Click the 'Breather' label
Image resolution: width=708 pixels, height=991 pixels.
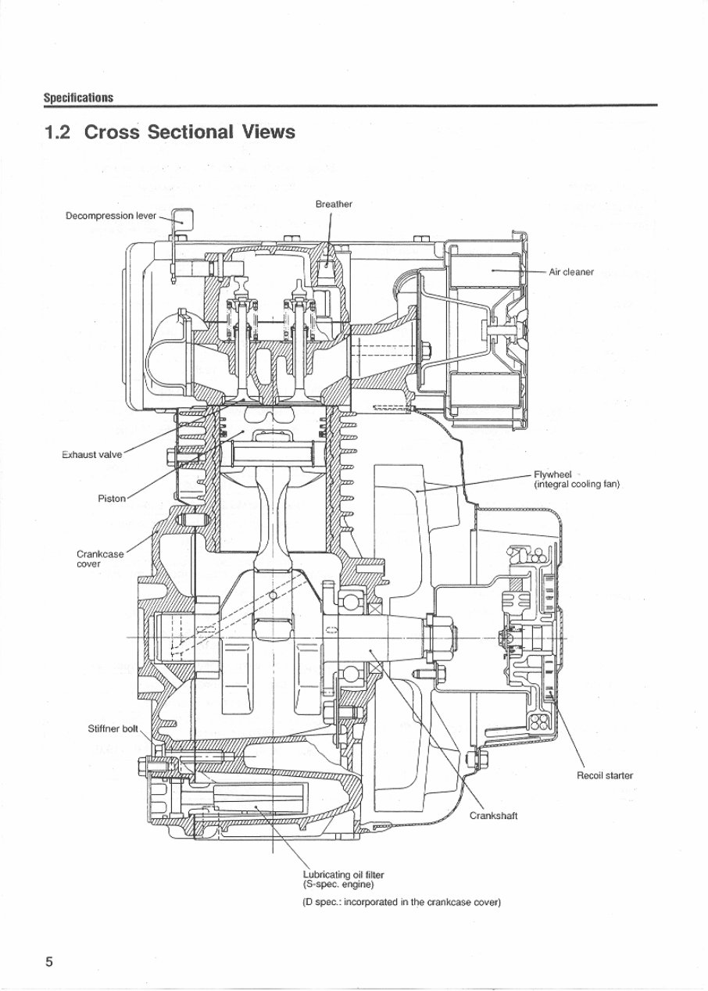tap(334, 204)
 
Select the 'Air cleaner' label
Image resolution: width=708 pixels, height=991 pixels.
tap(571, 272)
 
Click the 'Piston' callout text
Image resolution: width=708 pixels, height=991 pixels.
tap(112, 498)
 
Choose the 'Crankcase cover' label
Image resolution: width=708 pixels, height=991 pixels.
tap(99, 559)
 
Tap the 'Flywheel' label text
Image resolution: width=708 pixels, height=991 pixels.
tap(552, 474)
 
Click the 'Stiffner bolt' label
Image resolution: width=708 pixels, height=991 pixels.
tap(113, 729)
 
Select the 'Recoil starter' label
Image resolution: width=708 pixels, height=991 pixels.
tap(605, 776)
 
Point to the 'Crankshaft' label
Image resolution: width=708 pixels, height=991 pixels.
tap(493, 816)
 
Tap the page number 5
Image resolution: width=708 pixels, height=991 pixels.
tap(48, 961)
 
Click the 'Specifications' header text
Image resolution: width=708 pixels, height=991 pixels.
tap(78, 98)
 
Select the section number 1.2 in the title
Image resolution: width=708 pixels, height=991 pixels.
tap(59, 132)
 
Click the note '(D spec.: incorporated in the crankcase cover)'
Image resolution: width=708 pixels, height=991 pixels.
tap(401, 903)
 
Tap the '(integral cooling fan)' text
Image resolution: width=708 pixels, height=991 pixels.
tap(576, 485)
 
